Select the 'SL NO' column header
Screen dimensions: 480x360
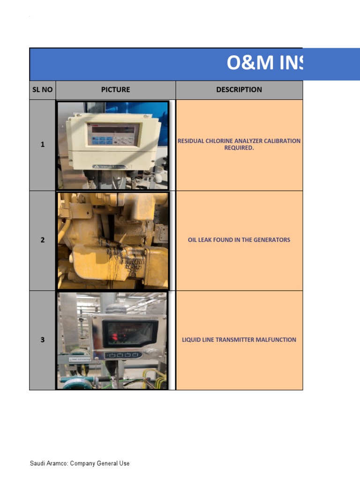(x=42, y=90)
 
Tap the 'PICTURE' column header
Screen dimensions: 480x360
(x=115, y=90)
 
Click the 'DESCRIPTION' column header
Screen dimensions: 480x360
(x=239, y=90)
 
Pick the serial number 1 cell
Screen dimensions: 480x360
(x=42, y=145)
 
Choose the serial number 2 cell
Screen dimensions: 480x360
(x=42, y=240)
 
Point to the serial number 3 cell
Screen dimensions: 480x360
(x=42, y=340)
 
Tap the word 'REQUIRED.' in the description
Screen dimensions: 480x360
(x=239, y=148)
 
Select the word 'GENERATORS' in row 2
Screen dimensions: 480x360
(x=272, y=240)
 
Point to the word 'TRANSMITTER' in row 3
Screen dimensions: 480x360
(x=236, y=340)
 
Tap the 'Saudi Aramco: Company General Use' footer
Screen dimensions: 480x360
(x=80, y=464)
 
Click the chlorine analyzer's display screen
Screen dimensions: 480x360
(x=114, y=130)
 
